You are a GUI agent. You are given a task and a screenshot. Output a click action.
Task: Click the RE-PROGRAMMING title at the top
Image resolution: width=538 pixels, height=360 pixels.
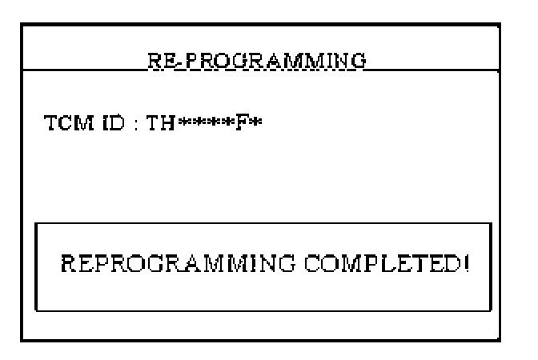[256, 61]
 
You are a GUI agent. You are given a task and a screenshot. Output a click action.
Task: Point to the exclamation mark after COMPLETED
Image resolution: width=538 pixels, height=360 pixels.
[464, 264]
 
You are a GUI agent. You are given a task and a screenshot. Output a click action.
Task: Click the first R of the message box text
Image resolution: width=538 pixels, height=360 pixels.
[68, 264]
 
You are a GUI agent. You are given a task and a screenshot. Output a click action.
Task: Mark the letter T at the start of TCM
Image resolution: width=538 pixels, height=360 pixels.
[50, 125]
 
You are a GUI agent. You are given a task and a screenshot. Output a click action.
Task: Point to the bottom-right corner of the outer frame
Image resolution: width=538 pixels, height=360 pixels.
[516, 340]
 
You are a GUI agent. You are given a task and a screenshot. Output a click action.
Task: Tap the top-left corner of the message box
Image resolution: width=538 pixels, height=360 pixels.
[36, 224]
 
